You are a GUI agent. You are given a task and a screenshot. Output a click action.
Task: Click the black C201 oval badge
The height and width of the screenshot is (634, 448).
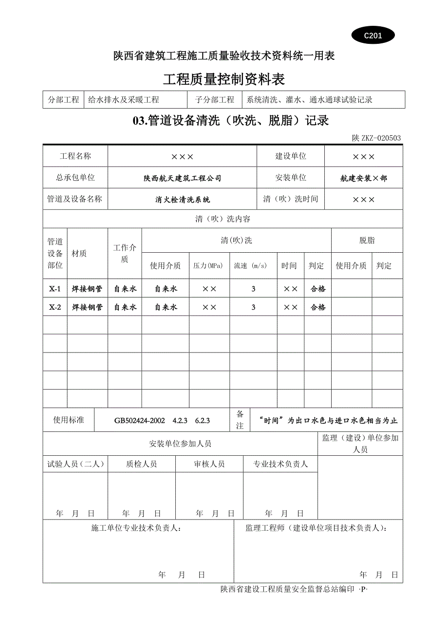(373, 36)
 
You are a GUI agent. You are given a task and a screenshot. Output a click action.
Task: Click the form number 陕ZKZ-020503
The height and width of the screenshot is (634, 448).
(376, 138)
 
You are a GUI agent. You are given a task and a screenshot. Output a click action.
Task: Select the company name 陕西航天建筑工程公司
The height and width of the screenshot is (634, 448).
(182, 178)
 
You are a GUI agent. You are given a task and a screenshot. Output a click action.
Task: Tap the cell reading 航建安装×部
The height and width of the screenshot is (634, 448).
(364, 178)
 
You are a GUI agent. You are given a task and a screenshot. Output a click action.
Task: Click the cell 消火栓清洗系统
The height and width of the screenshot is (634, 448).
(182, 199)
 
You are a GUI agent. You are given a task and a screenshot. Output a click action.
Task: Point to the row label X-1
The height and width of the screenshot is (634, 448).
(55, 289)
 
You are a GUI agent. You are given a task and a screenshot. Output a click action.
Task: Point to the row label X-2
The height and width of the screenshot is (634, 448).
(55, 307)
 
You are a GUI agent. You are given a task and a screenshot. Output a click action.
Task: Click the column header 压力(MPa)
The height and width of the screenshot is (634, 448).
(208, 266)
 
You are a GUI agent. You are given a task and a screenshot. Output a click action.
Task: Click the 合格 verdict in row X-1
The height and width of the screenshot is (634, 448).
(317, 289)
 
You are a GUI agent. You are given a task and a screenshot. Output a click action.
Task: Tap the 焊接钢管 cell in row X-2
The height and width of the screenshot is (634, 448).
(87, 307)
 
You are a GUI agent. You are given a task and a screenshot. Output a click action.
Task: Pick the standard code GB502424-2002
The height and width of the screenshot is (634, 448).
(140, 421)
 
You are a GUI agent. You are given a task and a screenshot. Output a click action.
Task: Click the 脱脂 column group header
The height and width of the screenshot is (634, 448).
(367, 241)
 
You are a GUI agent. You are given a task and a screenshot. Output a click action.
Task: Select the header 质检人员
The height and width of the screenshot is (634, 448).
(141, 464)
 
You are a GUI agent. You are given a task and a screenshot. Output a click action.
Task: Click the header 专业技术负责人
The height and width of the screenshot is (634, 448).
(280, 464)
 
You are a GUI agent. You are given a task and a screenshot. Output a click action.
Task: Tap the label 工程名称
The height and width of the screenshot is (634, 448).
(75, 156)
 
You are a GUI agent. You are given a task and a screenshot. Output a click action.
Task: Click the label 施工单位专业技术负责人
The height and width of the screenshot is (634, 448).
(137, 528)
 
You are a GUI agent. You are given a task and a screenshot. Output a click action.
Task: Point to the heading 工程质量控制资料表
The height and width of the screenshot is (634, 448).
(224, 79)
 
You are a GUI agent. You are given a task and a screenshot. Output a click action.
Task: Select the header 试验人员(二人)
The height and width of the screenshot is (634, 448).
(75, 464)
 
